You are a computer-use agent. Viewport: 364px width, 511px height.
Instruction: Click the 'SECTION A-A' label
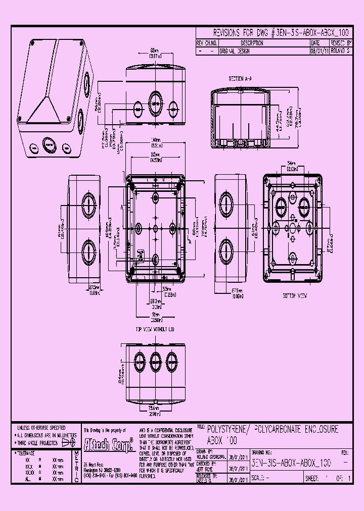(x=240, y=79)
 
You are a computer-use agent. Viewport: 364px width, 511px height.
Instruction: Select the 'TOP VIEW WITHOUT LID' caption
(x=155, y=329)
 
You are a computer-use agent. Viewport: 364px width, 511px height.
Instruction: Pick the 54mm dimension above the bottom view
(x=291, y=163)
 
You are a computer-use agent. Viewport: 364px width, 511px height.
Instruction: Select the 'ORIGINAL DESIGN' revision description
(x=238, y=51)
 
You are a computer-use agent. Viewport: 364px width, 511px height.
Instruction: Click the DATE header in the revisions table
(x=315, y=43)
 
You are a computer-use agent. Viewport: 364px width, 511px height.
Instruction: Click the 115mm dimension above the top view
(x=156, y=154)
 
